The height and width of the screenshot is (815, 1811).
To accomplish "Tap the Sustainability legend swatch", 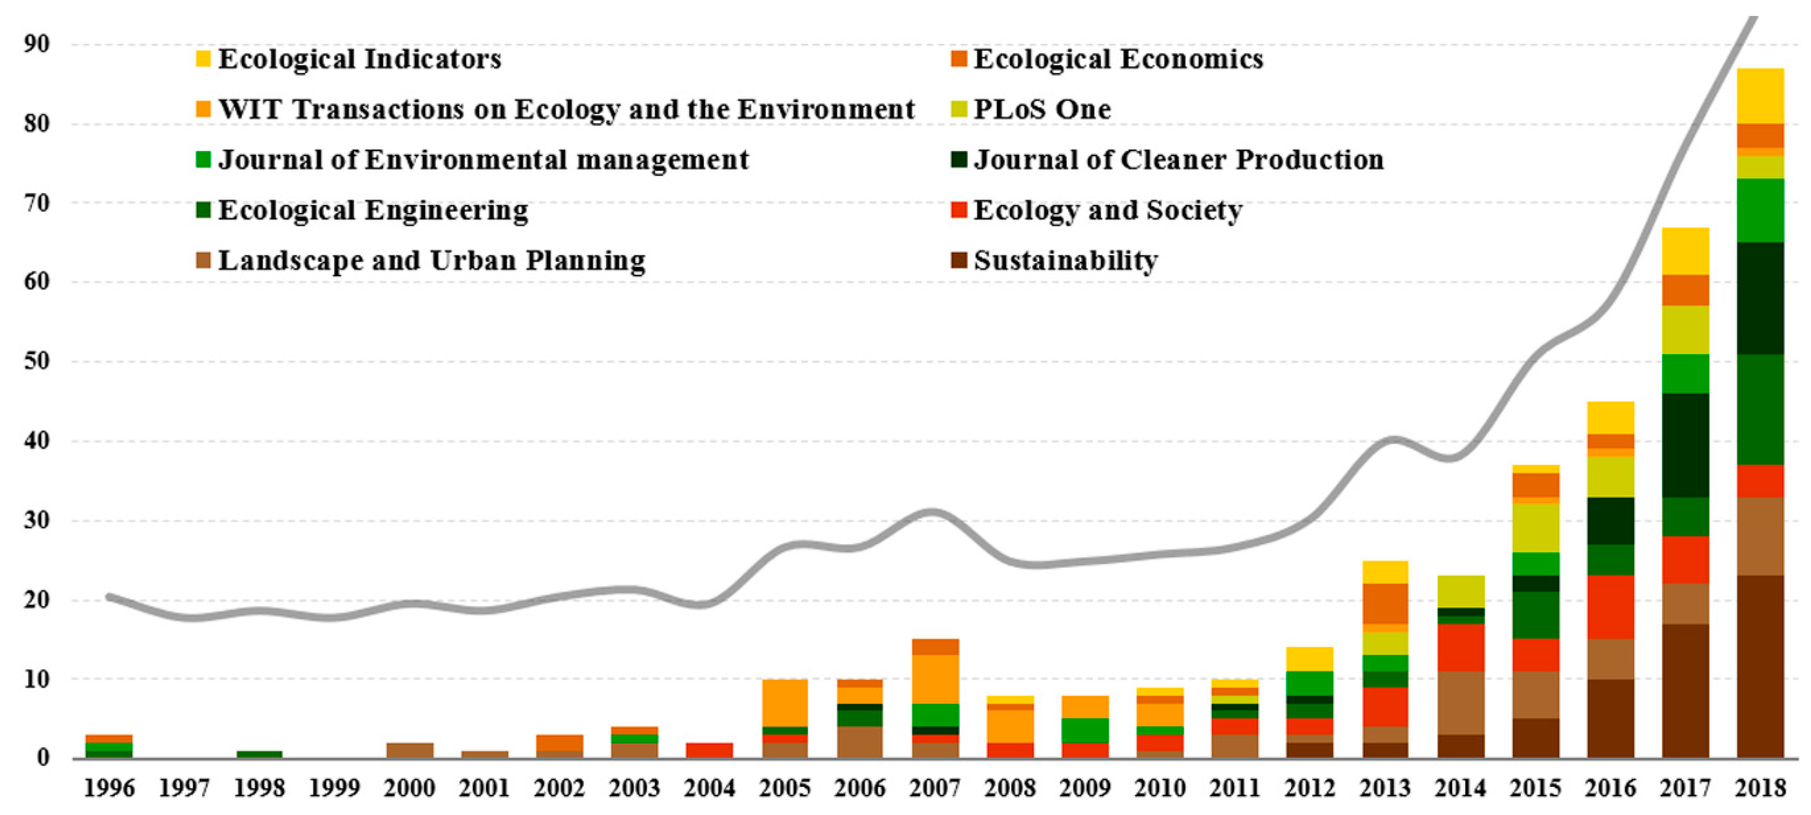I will [x=958, y=261].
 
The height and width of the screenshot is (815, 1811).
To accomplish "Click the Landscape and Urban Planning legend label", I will [x=431, y=261].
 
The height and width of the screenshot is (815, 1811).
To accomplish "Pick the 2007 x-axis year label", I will [x=935, y=788].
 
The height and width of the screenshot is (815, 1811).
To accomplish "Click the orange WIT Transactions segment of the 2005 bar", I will [x=785, y=703].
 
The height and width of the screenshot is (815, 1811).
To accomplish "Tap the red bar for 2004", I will [x=709, y=750].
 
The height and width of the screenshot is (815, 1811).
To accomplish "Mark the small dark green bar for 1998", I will [x=259, y=755].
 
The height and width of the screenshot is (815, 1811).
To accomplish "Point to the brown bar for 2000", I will [x=409, y=750].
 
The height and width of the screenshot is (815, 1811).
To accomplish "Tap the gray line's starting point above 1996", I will [x=109, y=597].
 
